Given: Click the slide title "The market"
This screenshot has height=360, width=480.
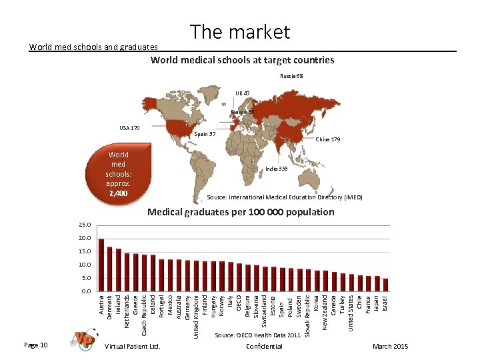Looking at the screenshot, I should click(240, 31).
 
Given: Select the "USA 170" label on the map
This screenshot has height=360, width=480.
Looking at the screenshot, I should click(129, 127).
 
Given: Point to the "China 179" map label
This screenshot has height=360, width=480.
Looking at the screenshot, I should click(327, 140).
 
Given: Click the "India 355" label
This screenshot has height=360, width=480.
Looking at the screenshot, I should click(276, 169).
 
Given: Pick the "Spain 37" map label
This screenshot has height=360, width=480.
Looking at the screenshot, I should click(203, 134).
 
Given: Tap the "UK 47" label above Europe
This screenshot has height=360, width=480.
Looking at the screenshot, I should click(243, 93).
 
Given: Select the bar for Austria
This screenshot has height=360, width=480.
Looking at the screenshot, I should click(101, 265).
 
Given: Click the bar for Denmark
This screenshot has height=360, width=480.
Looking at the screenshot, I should click(109, 269).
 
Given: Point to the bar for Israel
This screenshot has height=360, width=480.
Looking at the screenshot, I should click(386, 285).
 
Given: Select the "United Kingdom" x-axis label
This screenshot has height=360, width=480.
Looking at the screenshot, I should click(196, 316).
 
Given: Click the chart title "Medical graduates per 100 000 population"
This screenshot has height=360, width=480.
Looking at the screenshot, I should click(241, 212).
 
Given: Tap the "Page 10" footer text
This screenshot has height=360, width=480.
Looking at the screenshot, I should click(35, 345).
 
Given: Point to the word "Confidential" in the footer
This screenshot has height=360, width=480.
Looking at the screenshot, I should click(264, 346).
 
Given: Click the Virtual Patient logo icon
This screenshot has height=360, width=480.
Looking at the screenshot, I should click(85, 339).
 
